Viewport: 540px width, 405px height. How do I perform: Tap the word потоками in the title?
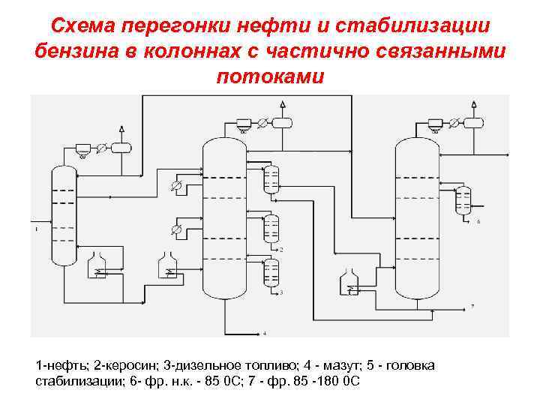[x=270, y=76]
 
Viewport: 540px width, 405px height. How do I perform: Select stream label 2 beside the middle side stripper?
[x=281, y=249]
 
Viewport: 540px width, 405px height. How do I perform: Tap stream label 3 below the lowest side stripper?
[x=281, y=292]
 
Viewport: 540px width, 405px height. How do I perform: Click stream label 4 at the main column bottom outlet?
[x=264, y=332]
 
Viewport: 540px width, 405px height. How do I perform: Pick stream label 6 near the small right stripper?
[x=478, y=222]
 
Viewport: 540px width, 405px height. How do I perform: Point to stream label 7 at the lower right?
[x=472, y=306]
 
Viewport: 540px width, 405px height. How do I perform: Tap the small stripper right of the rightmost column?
[x=463, y=199]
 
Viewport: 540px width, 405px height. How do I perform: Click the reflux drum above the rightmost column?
[x=473, y=121]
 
